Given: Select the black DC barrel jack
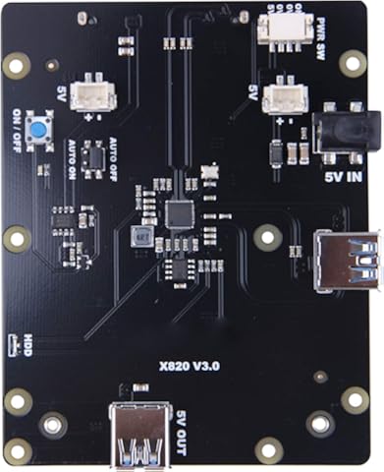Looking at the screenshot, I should (342, 134).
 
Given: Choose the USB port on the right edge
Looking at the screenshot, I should (347, 260).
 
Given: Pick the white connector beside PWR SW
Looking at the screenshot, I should (279, 27).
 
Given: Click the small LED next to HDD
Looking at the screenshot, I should (12, 343).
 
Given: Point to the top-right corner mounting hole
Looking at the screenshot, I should (354, 62).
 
